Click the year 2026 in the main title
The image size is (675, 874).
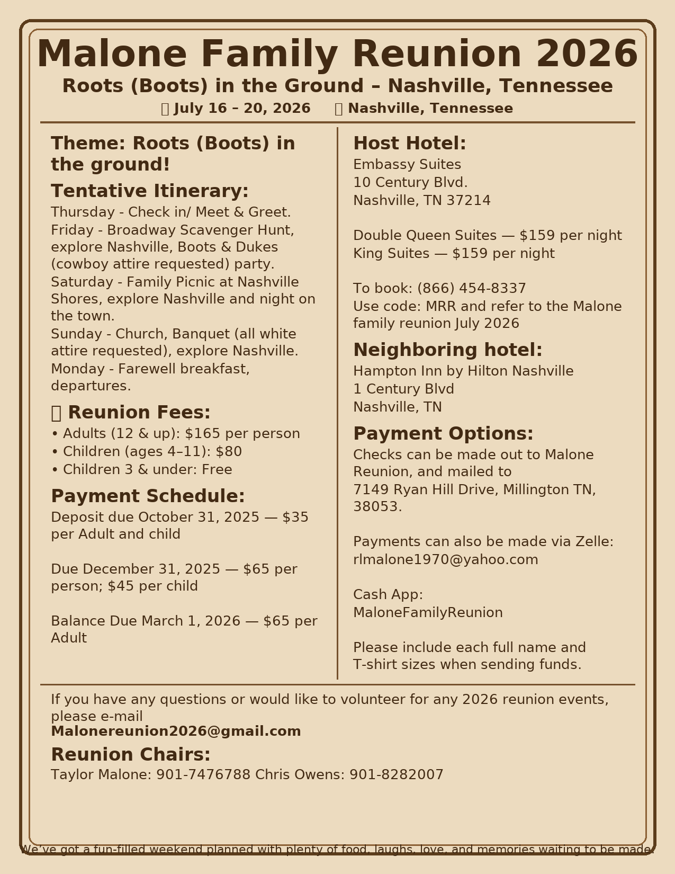point(587,55)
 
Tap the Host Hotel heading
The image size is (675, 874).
point(409,144)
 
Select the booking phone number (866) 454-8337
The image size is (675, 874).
point(471,289)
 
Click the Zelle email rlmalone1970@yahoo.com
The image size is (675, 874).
point(445,560)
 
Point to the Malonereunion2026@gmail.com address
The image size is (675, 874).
point(176,732)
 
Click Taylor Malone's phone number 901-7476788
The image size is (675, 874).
point(203,775)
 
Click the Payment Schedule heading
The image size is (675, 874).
point(148,496)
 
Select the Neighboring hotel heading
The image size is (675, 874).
point(447,350)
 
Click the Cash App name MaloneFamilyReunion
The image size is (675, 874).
point(428,613)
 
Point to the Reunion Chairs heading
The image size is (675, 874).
point(130,754)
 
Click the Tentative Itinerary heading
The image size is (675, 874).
point(149,191)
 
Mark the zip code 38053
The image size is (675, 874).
point(377,507)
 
